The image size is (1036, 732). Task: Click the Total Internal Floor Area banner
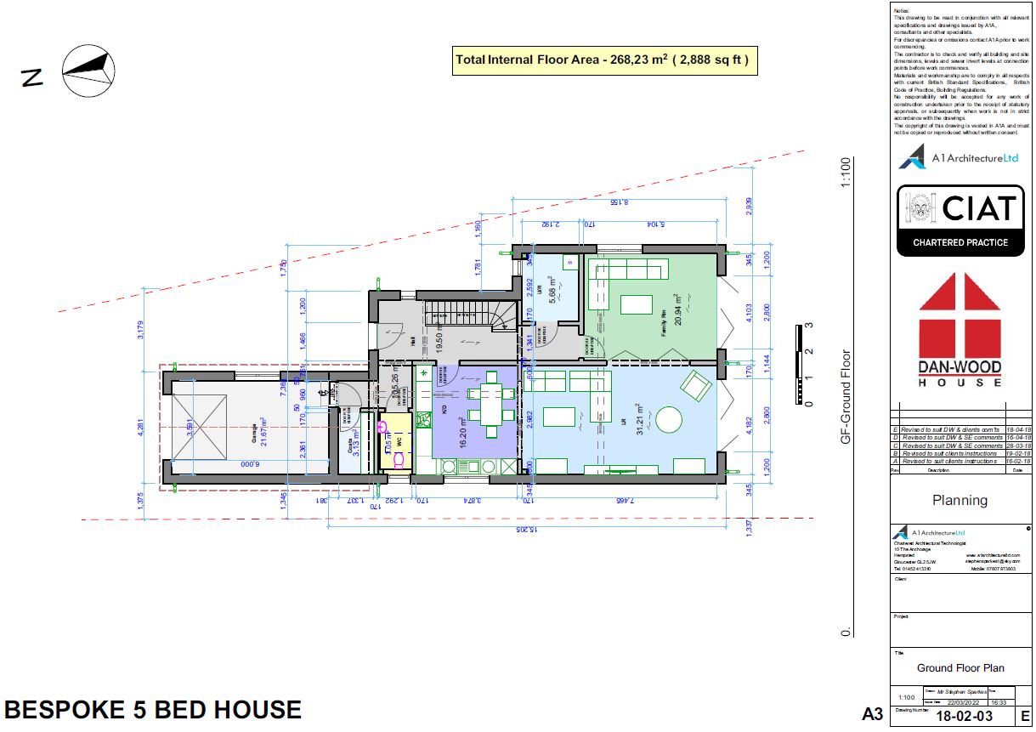tap(603, 60)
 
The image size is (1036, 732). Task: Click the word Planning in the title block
tap(960, 500)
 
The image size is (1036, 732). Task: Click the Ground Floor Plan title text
tap(959, 668)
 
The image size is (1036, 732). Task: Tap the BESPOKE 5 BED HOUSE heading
tap(153, 710)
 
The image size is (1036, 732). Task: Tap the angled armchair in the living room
tap(696, 387)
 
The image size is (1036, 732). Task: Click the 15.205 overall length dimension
tap(526, 530)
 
